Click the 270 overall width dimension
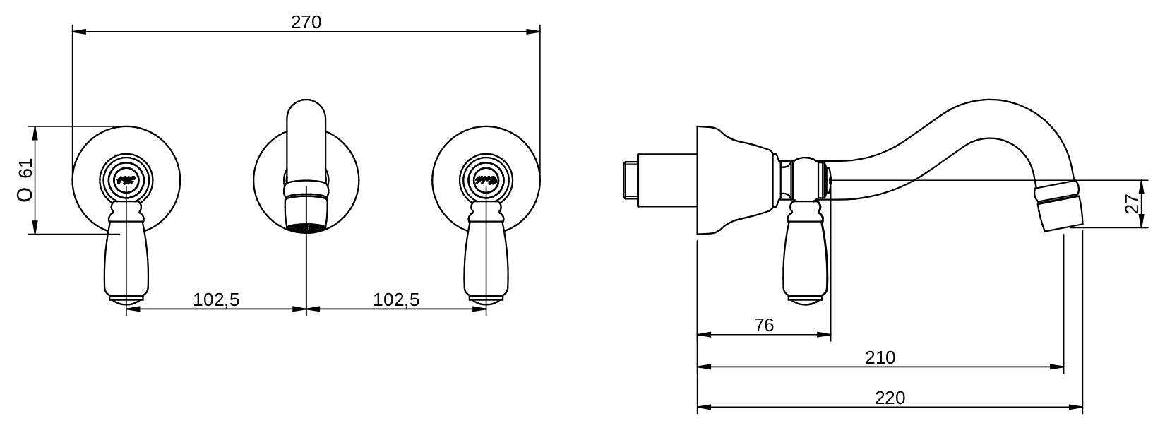(x=306, y=22)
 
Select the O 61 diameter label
(x=25, y=179)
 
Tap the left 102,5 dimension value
(x=216, y=299)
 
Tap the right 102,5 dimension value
(x=396, y=299)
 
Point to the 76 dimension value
(x=764, y=325)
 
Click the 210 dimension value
(x=880, y=357)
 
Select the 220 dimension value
(x=890, y=398)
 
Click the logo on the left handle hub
(x=126, y=181)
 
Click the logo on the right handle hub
(x=486, y=181)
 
